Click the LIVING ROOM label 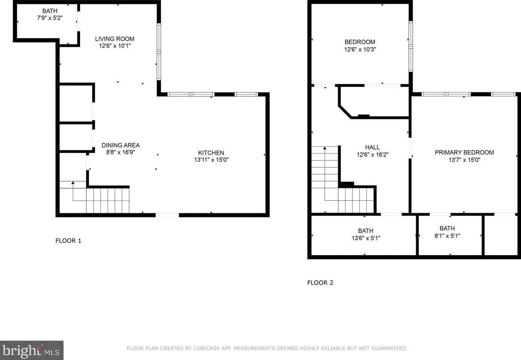115,39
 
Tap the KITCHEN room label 211,153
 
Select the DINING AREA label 121,145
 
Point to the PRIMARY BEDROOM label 464,152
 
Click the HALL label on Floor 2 372,147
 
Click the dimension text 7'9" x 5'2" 50,18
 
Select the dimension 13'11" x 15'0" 211,160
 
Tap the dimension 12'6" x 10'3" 360,49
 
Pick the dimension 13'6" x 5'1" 366,238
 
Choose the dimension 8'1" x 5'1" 447,236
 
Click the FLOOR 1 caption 68,241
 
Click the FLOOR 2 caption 320,283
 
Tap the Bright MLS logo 31,351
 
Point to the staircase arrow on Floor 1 73,183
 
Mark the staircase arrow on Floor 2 325,149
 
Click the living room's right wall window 159,52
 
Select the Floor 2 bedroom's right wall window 411,46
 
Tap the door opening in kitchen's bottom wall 167,215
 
